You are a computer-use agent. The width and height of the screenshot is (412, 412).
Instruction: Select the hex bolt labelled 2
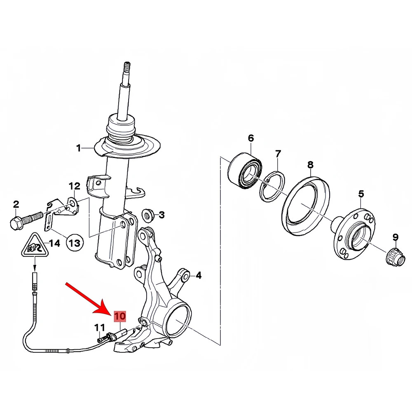pyautogui.click(x=26, y=215)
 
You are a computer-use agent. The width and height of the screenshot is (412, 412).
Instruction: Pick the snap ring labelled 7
pyautogui.click(x=272, y=186)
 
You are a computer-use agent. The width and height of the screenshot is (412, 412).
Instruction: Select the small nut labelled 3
pyautogui.click(x=147, y=215)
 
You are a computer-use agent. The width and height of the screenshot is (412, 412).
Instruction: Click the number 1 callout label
pyautogui.click(x=78, y=148)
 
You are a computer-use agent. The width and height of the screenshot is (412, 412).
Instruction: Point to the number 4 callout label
pyautogui.click(x=199, y=276)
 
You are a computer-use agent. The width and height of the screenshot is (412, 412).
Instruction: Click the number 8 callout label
pyautogui.click(x=310, y=165)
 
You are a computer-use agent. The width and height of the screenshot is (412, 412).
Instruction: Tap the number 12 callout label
pyautogui.click(x=74, y=186)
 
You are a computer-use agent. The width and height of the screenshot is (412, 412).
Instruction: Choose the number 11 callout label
pyautogui.click(x=100, y=328)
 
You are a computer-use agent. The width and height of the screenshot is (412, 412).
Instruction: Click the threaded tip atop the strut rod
pyautogui.click(x=127, y=67)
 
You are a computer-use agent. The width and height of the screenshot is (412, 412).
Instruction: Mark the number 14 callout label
pyautogui.click(x=55, y=243)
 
